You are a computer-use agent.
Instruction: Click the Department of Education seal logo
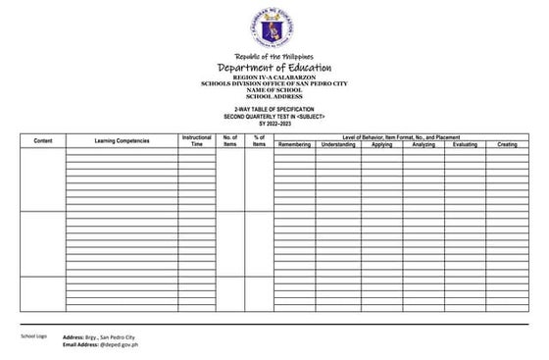pos(274,27)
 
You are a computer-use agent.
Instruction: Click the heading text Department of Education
pos(274,67)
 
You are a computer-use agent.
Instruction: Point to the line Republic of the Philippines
pos(274,56)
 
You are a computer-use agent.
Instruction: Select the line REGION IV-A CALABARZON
pos(274,77)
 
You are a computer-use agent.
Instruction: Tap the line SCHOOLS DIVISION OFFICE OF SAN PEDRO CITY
pos(274,83)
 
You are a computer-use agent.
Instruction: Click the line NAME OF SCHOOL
pos(274,90)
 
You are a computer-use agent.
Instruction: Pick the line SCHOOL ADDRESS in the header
pos(274,97)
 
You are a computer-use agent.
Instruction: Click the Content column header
pos(42,141)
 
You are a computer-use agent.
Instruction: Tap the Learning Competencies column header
pos(122,141)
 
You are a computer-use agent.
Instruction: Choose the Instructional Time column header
pos(196,141)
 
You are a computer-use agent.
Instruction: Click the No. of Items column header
pos(230,141)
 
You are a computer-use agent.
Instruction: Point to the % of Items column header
pos(259,141)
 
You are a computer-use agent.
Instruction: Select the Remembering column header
pos(294,145)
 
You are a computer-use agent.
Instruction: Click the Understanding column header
pos(338,145)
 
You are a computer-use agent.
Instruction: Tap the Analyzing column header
pos(424,145)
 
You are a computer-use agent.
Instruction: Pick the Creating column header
pos(507,145)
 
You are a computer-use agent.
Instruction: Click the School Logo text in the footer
pos(34,336)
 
